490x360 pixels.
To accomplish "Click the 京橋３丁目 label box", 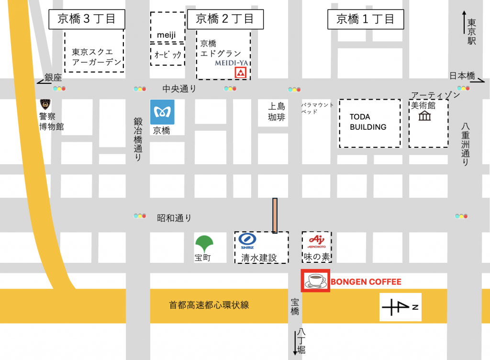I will point(87,19).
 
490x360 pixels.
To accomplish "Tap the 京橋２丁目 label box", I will point(224,19).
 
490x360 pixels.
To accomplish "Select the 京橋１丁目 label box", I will point(365,20).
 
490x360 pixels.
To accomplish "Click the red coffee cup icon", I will point(315,281).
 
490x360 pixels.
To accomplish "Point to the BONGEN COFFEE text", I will point(366,282).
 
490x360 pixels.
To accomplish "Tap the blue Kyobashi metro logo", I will point(162,112).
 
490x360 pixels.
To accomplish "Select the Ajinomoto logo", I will point(316,241).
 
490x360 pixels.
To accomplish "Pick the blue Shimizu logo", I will point(247,239).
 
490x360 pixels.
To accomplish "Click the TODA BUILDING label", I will point(368,122).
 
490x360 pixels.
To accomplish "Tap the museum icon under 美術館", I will point(424,116).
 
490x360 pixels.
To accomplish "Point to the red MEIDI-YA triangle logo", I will point(241,73).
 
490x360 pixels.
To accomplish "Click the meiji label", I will point(167,35).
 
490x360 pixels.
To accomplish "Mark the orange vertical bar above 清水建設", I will point(275,215).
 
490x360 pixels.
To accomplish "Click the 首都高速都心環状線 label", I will point(209,305).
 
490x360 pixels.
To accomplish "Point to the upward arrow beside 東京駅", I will point(464,22).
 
